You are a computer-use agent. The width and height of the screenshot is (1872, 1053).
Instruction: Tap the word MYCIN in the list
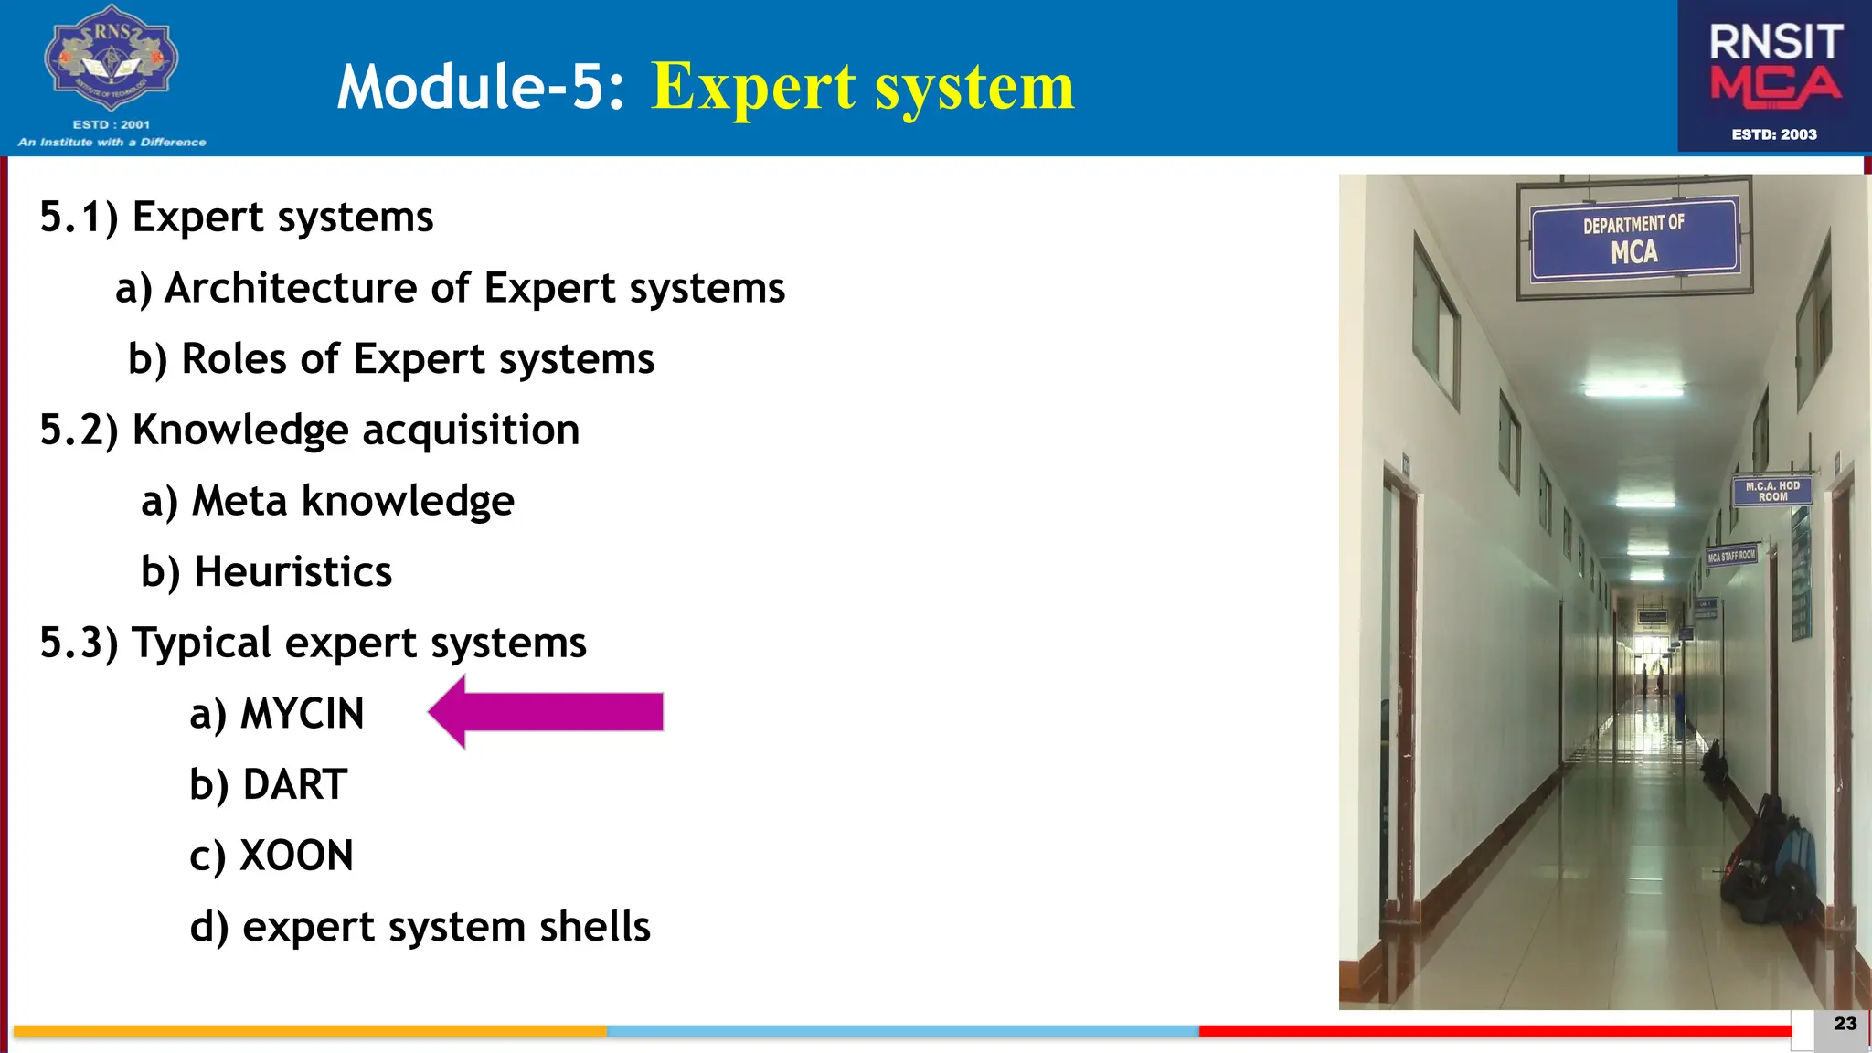(x=302, y=714)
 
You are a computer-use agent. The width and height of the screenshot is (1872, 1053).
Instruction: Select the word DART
(x=294, y=785)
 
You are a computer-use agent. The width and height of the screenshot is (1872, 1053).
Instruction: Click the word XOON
(x=296, y=856)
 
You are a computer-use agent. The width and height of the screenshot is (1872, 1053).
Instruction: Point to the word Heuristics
(x=293, y=572)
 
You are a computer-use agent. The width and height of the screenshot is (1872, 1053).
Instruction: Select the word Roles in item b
(x=234, y=359)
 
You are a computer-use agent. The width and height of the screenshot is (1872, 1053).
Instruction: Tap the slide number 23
(x=1845, y=1024)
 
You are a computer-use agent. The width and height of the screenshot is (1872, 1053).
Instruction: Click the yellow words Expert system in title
(x=862, y=87)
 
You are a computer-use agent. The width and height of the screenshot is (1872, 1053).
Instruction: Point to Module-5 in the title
(x=481, y=87)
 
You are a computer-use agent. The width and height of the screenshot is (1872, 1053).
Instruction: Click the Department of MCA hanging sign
(x=1633, y=239)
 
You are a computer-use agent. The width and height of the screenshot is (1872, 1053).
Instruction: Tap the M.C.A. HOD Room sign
(x=1771, y=492)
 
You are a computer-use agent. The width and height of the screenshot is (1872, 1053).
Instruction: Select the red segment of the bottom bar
(x=1494, y=1031)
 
